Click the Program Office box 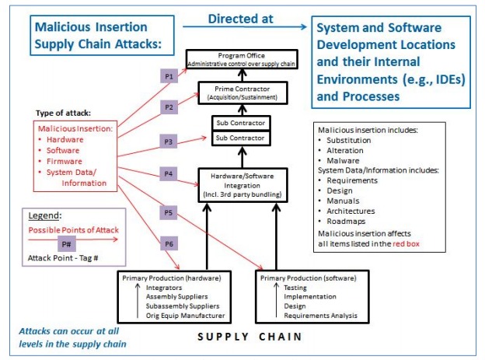click(x=241, y=58)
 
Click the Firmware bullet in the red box click(x=65, y=162)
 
